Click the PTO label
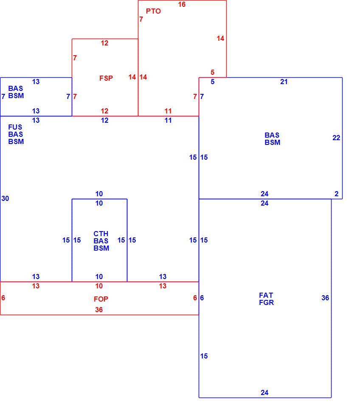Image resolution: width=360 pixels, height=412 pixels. click(153, 11)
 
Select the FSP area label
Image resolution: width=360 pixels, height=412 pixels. click(106, 78)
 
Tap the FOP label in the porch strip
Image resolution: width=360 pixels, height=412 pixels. click(101, 299)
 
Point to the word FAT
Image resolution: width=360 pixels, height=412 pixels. click(266, 295)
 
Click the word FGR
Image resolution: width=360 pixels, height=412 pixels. click(266, 303)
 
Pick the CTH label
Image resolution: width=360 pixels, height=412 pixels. click(101, 234)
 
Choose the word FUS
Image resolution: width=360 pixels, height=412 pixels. click(15, 127)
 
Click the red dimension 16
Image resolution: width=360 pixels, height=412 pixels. click(182, 5)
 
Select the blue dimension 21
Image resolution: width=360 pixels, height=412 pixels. click(284, 82)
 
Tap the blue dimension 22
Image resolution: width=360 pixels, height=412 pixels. click(336, 138)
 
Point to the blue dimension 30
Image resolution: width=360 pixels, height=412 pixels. click(5, 199)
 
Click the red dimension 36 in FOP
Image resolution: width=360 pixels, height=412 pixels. click(99, 310)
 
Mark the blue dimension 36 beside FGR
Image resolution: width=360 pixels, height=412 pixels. click(325, 298)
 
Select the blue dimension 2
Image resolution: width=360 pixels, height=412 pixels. click(337, 194)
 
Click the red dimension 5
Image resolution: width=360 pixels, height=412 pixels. click(212, 72)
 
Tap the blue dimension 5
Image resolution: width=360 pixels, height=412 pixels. click(212, 82)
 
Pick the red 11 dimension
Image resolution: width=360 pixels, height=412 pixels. click(168, 111)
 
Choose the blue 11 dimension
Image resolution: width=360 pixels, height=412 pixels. click(168, 121)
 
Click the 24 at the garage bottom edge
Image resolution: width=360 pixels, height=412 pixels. click(264, 393)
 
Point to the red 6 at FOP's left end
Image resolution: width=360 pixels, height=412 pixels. click(3, 298)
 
